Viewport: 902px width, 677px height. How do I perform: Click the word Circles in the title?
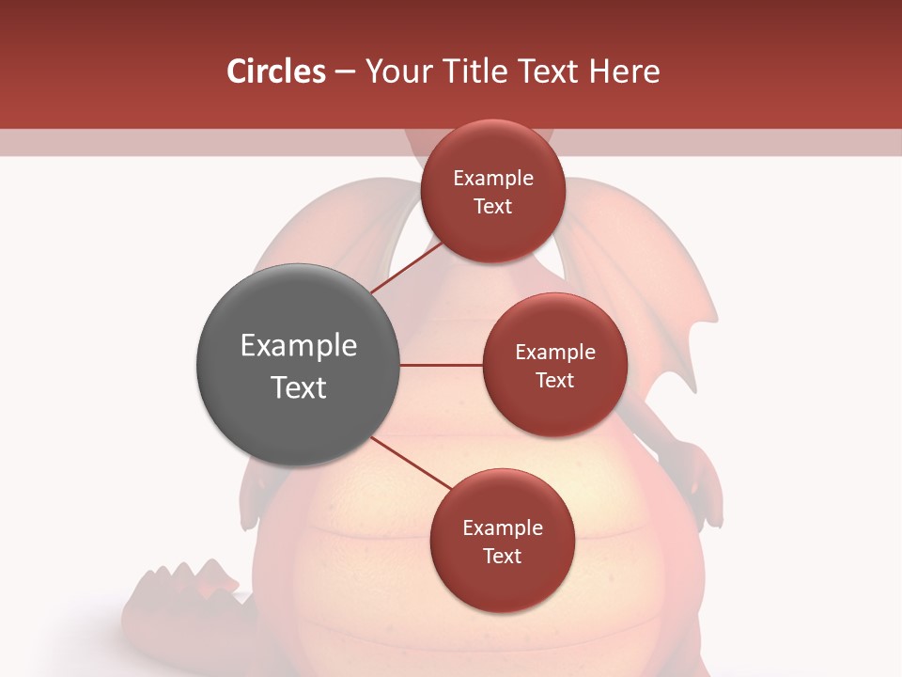coord(275,71)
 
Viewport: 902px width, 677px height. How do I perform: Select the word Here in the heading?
coord(627,71)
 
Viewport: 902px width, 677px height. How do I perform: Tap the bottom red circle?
coord(502,583)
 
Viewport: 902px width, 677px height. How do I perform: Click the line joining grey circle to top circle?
coord(406,267)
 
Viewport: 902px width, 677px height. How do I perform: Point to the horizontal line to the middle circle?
coord(442,365)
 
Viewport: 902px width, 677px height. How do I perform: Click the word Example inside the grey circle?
coord(299,346)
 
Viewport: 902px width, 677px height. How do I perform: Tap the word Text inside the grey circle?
coord(299,387)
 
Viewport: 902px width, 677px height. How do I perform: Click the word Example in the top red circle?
coord(493,179)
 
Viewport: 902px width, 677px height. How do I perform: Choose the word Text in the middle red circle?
coord(554,380)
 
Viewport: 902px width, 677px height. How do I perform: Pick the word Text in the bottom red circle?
coord(502,556)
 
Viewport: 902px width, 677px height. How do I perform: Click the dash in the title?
coord(345,72)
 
